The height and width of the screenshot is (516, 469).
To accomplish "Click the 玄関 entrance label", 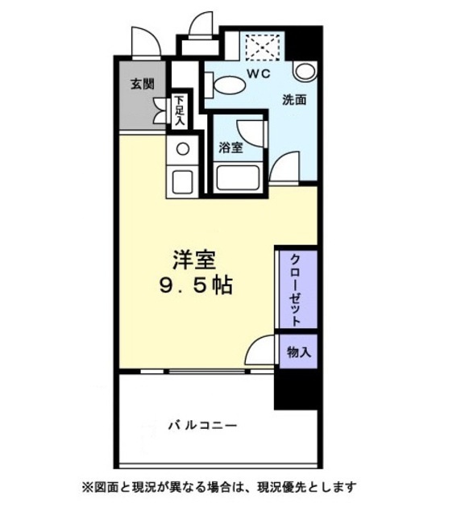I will point(143,84).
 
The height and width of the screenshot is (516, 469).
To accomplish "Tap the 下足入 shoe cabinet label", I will point(179,111).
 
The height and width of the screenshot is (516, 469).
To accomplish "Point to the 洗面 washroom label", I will point(294,101).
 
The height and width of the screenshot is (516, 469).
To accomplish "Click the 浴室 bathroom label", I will point(230,148).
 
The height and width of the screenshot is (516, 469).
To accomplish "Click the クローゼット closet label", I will point(296,289).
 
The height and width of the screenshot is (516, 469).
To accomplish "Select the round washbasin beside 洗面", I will point(305,71).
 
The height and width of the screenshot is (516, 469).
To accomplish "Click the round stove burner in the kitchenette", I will point(183,149).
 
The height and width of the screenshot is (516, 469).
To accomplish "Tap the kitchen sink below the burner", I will point(182,181).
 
